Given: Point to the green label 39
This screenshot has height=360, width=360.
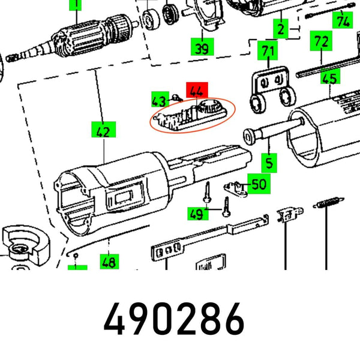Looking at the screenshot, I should pos(202,48).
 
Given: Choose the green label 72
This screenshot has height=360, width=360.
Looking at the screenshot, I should pos(322,42).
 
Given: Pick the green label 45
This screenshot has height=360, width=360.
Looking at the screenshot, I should pos(329,77).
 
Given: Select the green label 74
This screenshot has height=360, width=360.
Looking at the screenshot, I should pos(343,22).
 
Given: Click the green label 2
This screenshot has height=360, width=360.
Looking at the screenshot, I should pos(280,28).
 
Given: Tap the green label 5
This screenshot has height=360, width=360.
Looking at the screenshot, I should pos(270,162).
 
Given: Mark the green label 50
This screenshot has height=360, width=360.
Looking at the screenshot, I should pos(259,184).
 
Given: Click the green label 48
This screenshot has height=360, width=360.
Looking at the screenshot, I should pos(109,262).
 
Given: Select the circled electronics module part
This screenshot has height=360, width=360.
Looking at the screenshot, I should pos(192,115).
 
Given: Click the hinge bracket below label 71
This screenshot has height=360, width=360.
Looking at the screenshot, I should pos(271,90).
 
